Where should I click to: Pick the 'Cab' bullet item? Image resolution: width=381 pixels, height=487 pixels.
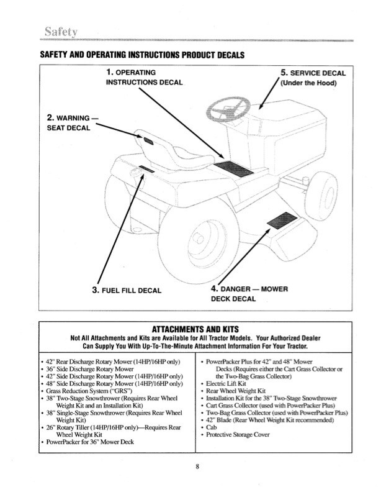(x=212, y=427)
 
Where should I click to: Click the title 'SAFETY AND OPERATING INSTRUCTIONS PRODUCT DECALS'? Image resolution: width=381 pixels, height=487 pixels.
(x=141, y=55)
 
